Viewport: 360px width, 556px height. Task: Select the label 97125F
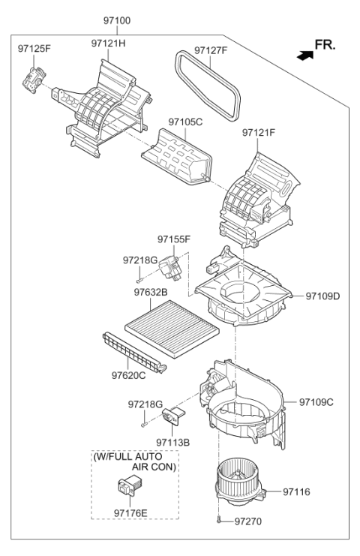34,49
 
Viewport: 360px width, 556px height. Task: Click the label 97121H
108,44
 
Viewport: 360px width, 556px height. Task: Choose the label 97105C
185,122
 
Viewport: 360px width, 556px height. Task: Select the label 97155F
174,239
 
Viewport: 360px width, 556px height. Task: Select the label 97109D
322,296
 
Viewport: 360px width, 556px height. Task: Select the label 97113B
173,442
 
